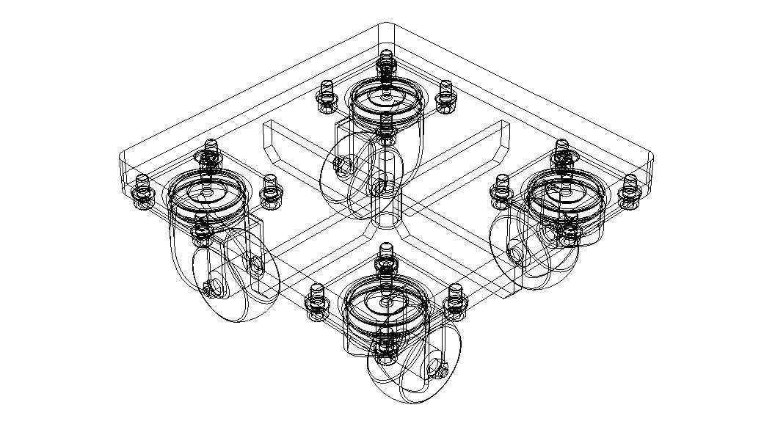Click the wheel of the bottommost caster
pyautogui.click(x=411, y=370)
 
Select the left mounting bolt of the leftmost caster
pyautogui.click(x=142, y=189)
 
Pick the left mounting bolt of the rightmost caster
pyautogui.click(x=503, y=189)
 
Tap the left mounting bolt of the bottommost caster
pyautogui.click(x=317, y=301)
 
